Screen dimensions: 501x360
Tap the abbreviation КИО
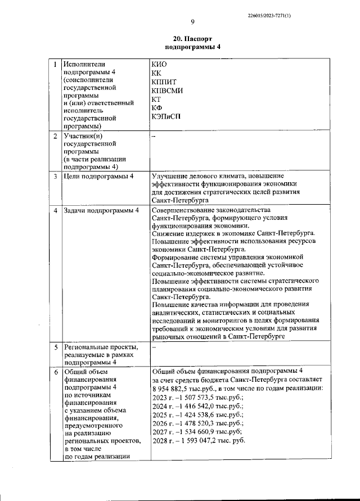160,64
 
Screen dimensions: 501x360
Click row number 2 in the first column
55,136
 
